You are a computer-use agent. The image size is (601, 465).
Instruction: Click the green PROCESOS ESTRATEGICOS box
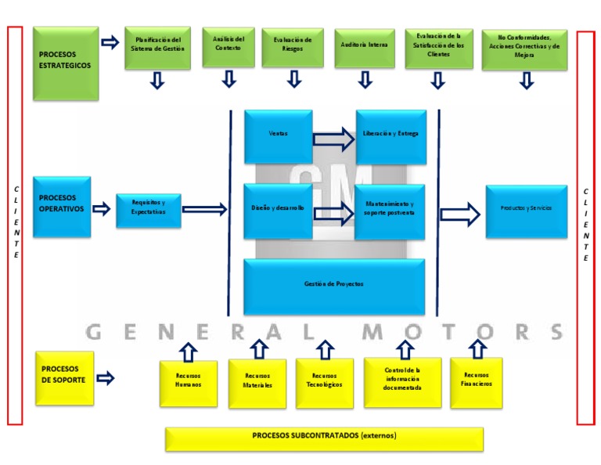coord(66,63)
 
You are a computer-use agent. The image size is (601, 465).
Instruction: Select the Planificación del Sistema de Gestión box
coord(157,47)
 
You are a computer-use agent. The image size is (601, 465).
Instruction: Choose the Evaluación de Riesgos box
coord(293,46)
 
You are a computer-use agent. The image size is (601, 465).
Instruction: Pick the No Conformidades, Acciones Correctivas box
coord(524,49)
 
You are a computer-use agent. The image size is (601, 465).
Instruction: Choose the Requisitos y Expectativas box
coord(148,210)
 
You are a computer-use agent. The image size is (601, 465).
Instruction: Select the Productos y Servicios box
coord(526,211)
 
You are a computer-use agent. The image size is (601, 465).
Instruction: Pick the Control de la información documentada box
coord(402,382)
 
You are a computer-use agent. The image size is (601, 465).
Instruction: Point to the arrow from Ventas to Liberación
coord(333,139)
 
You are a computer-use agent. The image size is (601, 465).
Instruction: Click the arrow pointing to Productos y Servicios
coord(460,214)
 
